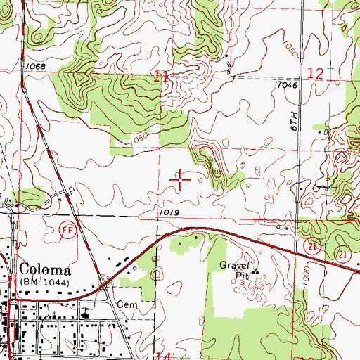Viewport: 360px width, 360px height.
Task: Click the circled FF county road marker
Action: pos(67,231)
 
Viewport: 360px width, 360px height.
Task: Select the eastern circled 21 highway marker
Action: pos(342,253)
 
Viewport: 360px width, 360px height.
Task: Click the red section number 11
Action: pos(161,77)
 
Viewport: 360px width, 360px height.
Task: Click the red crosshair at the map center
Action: pos(181,181)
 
